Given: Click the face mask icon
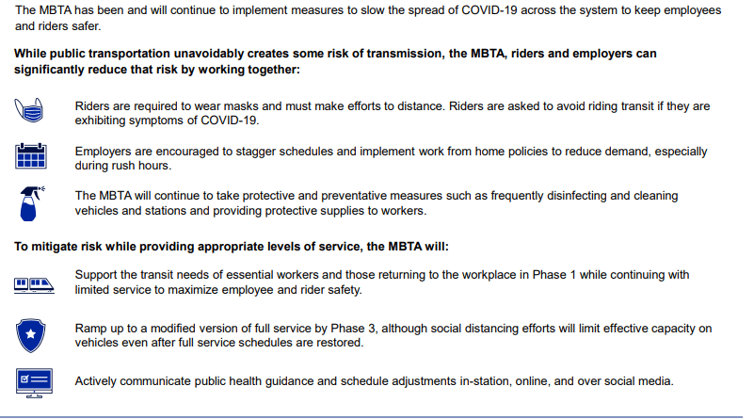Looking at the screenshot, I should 31,109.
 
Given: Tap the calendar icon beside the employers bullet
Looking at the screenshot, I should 31,156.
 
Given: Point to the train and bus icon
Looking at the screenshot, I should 31,282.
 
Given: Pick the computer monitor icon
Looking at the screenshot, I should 31,380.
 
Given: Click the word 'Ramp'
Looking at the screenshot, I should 91,328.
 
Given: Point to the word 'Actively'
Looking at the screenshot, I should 97,380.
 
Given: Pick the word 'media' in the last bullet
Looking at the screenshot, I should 653,380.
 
